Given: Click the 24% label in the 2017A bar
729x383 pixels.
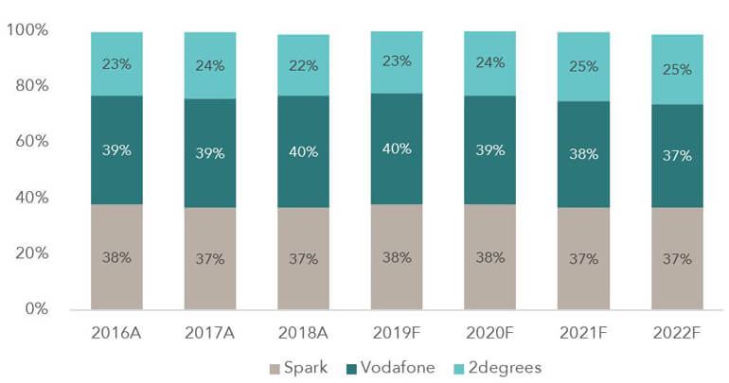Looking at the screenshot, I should pyautogui.click(x=210, y=65).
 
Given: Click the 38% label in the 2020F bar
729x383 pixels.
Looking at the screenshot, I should pyautogui.click(x=490, y=258).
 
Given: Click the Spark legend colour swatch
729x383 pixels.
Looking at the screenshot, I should pyautogui.click(x=276, y=366).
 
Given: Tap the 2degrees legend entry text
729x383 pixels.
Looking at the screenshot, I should pyautogui.click(x=509, y=366).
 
